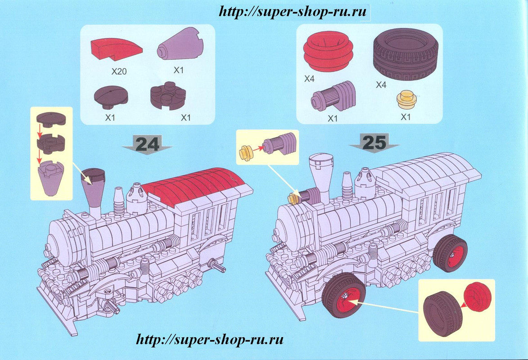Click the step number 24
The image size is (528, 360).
[147, 144]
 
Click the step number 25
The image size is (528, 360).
[374, 142]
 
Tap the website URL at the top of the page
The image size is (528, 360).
[293, 12]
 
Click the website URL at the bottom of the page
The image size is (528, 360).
[210, 338]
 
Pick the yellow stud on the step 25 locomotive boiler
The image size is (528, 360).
[293, 197]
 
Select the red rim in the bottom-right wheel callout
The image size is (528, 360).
[476, 297]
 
